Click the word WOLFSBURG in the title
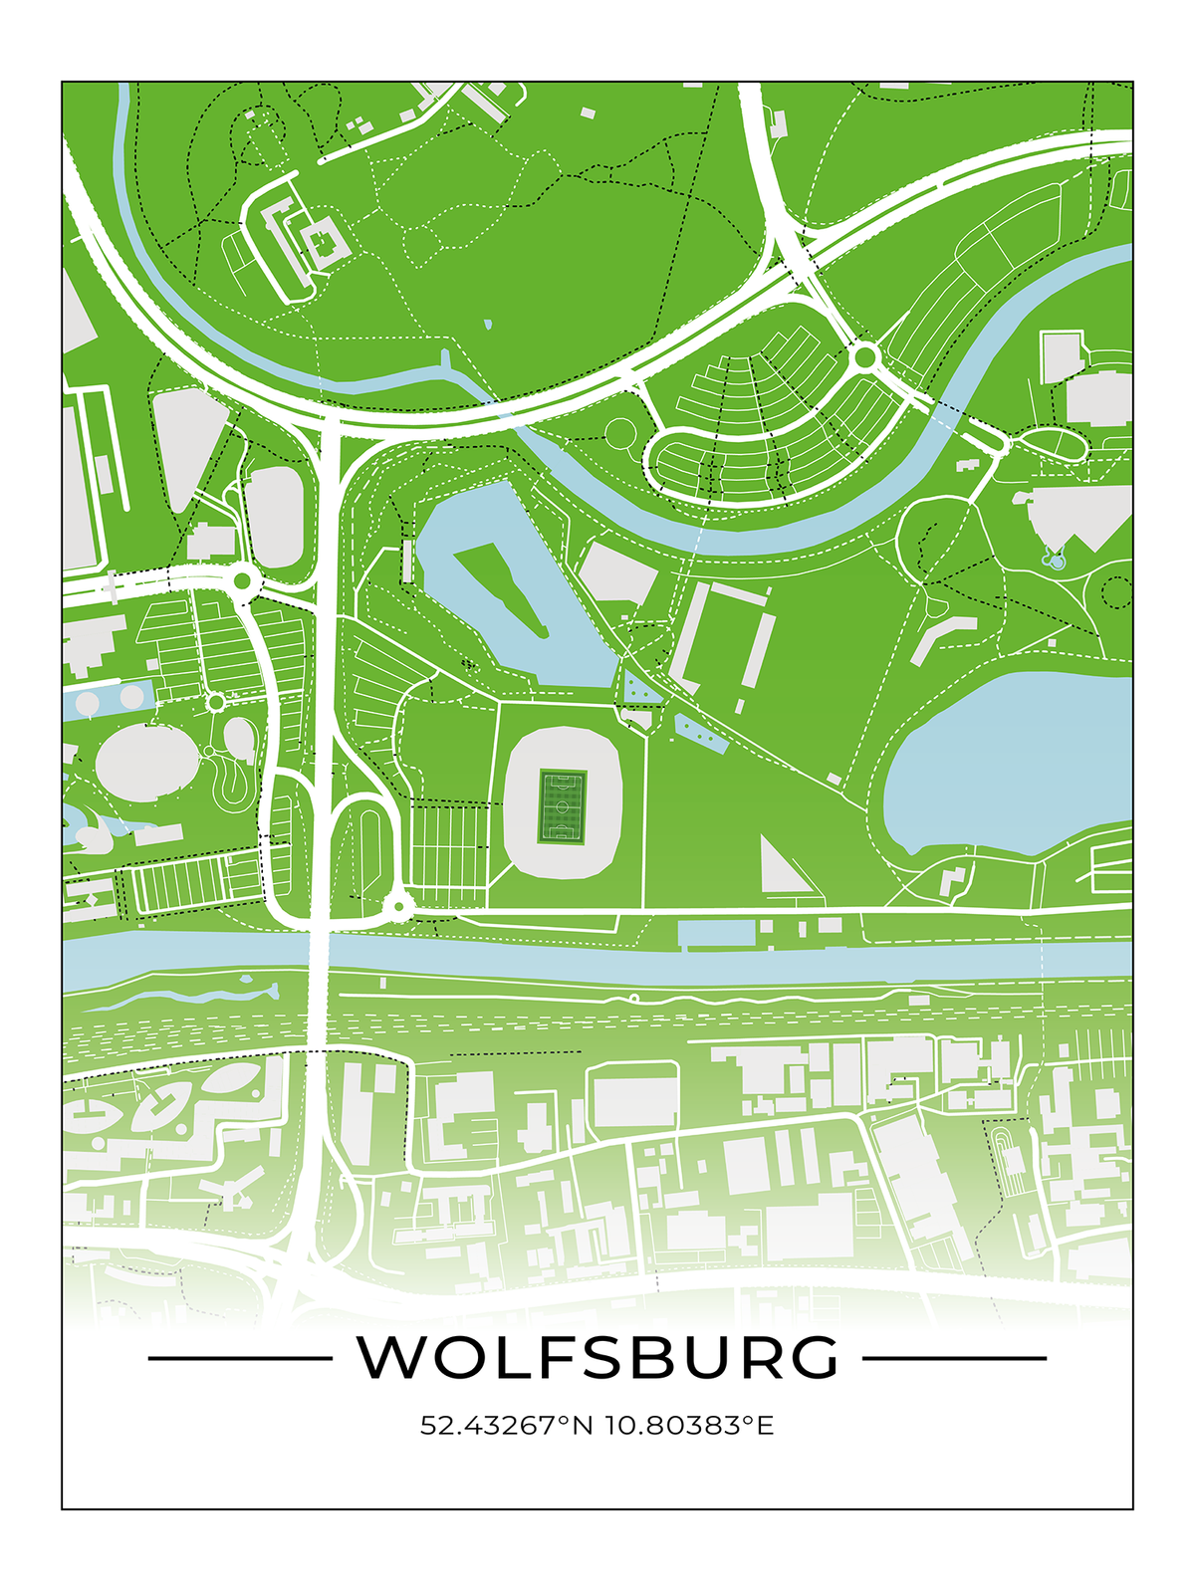597,1356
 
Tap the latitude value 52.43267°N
506,1425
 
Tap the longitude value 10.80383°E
689,1425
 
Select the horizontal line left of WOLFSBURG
239,1357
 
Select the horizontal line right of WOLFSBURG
954,1357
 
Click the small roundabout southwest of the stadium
398,906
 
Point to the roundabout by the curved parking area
864,355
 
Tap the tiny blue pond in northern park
488,325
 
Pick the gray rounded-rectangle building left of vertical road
274,518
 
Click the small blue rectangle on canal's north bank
715,933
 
